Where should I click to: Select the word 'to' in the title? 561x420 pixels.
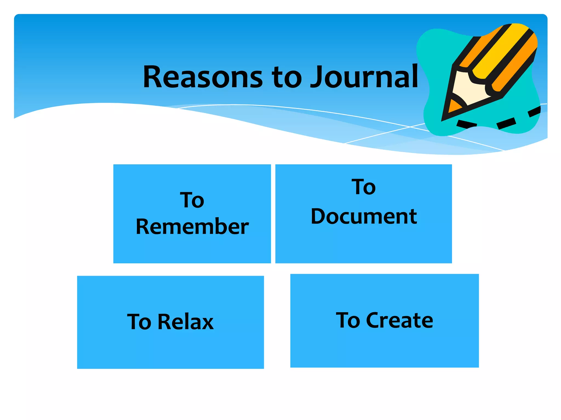pos(287,78)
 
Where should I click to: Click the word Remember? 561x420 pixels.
pos(192,227)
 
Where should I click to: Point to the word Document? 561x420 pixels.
pos(364,217)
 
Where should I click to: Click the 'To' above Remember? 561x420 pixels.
pos(192,200)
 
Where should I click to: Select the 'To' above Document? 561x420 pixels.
pos(363,187)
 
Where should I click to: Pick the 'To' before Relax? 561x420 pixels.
pos(139,322)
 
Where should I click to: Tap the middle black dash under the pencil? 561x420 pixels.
pos(506,123)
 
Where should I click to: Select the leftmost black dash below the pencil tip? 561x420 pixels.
pos(466,124)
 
